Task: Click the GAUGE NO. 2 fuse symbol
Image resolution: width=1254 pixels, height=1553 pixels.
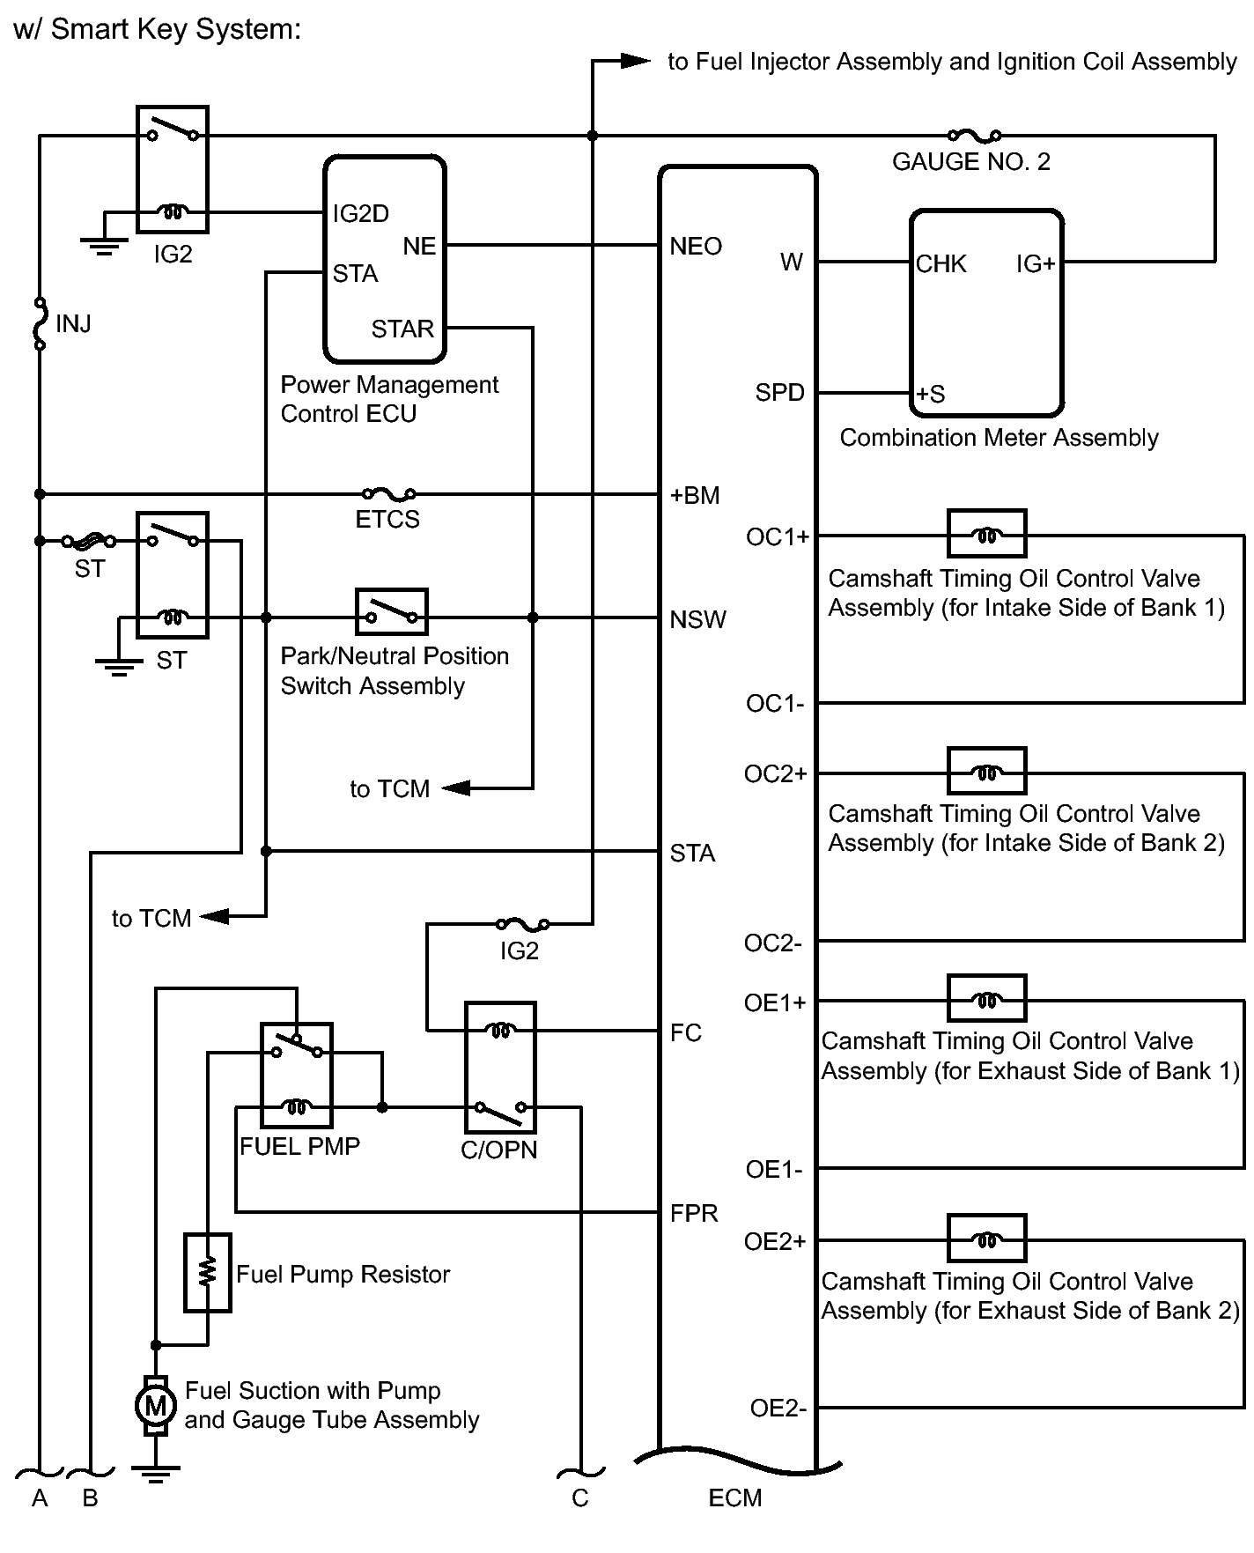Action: tap(974, 136)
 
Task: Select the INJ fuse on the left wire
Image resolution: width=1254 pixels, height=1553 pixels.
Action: tap(40, 324)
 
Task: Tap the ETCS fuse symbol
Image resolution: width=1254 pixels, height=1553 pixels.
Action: tap(388, 494)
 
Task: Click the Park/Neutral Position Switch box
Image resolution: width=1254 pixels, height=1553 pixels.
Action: tap(392, 612)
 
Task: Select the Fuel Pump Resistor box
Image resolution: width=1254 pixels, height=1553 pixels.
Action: tap(208, 1273)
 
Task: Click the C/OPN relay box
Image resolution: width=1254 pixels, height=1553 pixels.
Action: tap(500, 1067)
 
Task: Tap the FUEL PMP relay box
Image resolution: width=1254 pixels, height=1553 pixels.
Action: tap(297, 1075)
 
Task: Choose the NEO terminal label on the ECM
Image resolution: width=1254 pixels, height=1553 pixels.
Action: tap(696, 247)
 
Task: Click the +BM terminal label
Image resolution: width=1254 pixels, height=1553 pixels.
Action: tap(695, 496)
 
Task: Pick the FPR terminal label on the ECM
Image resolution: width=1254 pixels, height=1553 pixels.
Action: tap(694, 1214)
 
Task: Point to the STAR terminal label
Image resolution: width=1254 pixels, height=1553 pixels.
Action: tap(402, 329)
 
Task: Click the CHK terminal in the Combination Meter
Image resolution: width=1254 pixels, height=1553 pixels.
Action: tap(941, 264)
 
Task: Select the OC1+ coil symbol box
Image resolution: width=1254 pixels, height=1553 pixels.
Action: tap(986, 534)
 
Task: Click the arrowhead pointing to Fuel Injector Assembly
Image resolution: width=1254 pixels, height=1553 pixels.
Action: tap(634, 61)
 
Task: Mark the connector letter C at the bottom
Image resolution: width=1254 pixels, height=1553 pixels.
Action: tap(579, 1498)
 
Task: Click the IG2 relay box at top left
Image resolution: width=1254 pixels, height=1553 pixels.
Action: tap(173, 169)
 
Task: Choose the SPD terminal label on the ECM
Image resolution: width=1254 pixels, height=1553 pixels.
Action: tap(779, 393)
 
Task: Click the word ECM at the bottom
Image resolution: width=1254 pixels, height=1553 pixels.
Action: tap(734, 1498)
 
